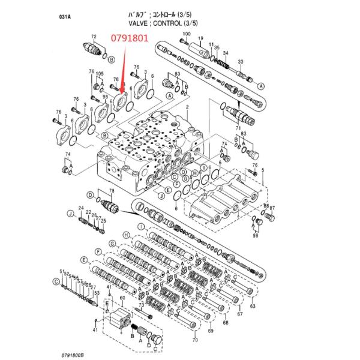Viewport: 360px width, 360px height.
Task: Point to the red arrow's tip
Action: click(x=121, y=95)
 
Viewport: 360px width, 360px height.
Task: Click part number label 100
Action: click(x=186, y=34)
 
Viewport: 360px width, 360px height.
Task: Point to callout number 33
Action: click(x=241, y=62)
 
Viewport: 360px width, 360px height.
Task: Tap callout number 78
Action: click(x=111, y=190)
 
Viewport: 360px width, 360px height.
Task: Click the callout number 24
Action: click(x=80, y=208)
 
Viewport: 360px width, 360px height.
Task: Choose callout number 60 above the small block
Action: click(x=122, y=298)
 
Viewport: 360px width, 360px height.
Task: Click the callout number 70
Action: click(x=195, y=340)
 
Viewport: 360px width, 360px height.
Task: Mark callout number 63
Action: click(x=253, y=307)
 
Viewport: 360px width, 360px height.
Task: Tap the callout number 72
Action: click(x=94, y=37)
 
